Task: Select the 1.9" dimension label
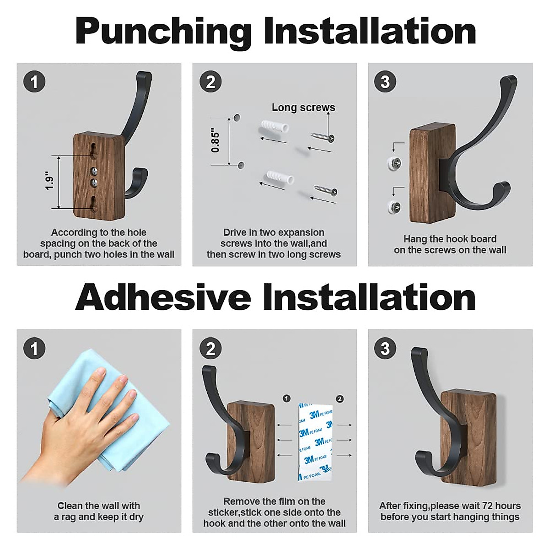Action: coord(49,181)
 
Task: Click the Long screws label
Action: coord(303,108)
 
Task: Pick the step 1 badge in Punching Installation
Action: coord(34,82)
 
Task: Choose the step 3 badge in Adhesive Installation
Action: coord(385,349)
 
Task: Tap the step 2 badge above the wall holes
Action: coord(210,82)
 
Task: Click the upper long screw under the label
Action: coord(322,137)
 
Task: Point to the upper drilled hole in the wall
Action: coord(237,117)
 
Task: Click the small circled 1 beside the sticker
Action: coord(286,398)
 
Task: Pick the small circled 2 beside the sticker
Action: coord(339,399)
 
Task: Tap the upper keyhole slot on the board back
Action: coord(93,151)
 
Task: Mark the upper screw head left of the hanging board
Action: coord(394,163)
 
